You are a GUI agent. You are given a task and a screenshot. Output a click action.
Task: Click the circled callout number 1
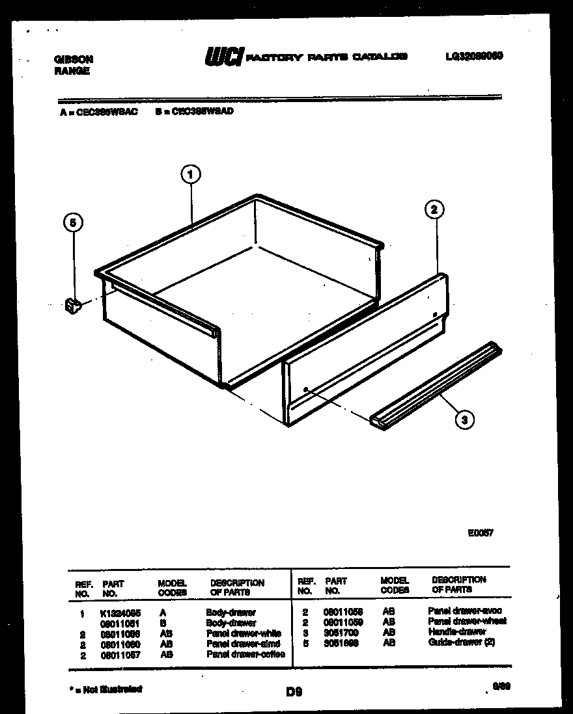click(x=189, y=174)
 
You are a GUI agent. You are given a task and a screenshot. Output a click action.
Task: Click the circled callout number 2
click(x=435, y=209)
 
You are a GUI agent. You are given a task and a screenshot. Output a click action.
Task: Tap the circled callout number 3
click(x=464, y=419)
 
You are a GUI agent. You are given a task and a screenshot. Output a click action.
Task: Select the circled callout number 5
click(x=74, y=223)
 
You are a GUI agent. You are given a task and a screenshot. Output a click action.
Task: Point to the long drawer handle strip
click(x=436, y=384)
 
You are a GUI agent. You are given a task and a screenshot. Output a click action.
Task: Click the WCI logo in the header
click(x=224, y=57)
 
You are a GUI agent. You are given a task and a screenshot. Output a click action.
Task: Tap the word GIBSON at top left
click(x=74, y=59)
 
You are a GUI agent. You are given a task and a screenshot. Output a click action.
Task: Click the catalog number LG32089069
click(x=473, y=57)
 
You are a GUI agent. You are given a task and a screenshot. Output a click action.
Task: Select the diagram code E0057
click(x=480, y=532)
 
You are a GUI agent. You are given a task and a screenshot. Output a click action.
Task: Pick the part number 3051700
click(x=340, y=633)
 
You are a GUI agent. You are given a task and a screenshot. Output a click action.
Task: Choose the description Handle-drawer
click(x=457, y=632)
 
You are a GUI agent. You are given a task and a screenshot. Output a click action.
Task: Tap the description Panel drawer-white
click(x=243, y=633)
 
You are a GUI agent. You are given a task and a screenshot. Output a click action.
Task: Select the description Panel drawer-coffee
click(x=245, y=654)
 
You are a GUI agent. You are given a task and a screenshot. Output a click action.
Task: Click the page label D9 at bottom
click(x=294, y=693)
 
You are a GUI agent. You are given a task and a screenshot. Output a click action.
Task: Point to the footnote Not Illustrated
click(x=107, y=689)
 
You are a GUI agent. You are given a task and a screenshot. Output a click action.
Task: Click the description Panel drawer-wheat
click(x=467, y=622)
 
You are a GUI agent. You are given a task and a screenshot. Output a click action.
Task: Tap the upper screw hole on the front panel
click(x=434, y=315)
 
